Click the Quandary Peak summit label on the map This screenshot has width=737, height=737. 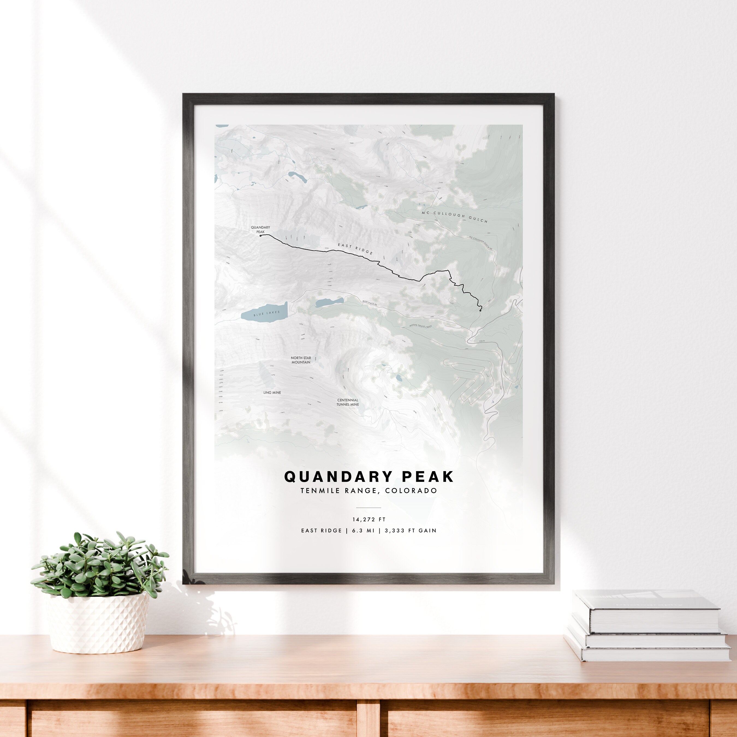260,230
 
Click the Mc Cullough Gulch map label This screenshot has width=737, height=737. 454,217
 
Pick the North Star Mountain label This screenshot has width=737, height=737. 301,360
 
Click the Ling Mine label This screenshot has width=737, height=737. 272,393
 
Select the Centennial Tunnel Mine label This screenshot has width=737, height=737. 347,402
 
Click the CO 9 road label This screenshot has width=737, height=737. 482,341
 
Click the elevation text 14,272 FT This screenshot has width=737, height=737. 369,519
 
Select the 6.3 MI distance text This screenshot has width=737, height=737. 363,531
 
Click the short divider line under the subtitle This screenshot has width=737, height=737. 368,508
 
